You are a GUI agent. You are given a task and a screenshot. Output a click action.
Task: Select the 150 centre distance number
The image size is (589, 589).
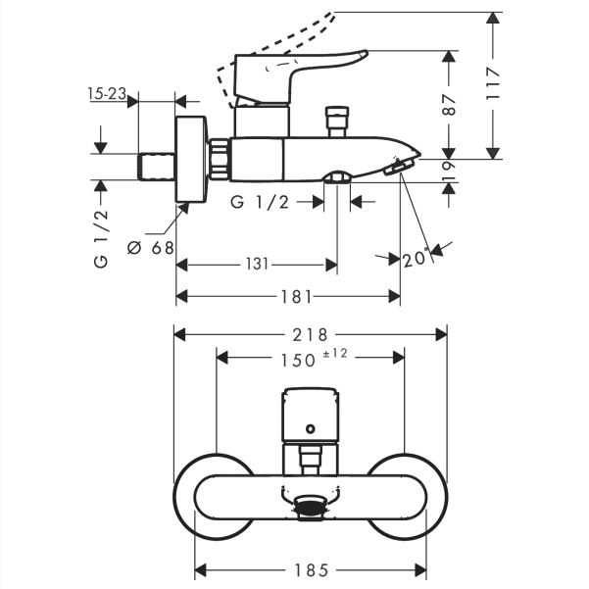coord(296,359)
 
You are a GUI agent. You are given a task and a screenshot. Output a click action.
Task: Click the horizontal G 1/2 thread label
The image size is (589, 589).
coord(259,202)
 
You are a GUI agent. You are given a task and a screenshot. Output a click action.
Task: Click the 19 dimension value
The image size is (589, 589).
coord(449,170)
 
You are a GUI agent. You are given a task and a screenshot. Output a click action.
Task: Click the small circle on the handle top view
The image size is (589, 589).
coord(310,428)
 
